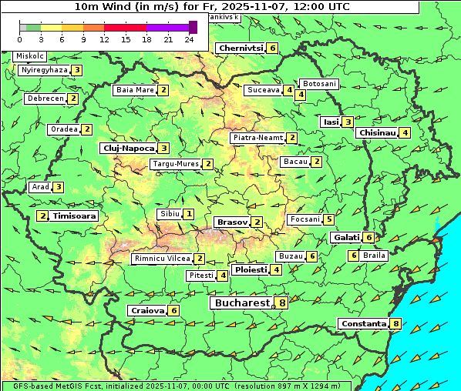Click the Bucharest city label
click(241, 303)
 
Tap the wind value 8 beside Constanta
click(396, 324)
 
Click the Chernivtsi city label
click(240, 48)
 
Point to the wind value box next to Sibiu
click(189, 213)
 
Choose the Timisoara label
click(75, 216)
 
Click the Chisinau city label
click(376, 132)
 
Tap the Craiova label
click(147, 310)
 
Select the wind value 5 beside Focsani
click(329, 219)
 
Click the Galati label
click(345, 238)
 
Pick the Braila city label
click(374, 255)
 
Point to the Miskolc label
click(30, 56)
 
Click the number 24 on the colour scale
click(189, 39)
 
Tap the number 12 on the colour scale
click(104, 39)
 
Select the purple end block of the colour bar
click(193, 27)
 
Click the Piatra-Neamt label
click(257, 138)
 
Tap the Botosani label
click(319, 83)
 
